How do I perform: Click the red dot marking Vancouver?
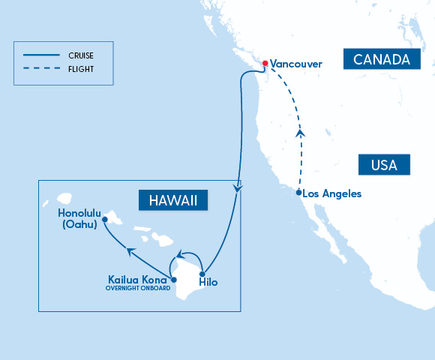(264, 62)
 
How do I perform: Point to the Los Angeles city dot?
(299, 193)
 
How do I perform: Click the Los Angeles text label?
(334, 194)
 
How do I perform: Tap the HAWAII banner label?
(173, 200)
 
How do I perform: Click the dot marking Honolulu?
(105, 220)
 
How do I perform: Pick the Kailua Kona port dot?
(174, 280)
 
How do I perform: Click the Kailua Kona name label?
(138, 280)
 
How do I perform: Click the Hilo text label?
(208, 283)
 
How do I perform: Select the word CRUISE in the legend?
(82, 55)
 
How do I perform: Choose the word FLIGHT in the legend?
(80, 70)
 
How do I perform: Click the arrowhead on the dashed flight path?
(301, 133)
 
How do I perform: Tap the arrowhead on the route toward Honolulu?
(130, 251)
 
